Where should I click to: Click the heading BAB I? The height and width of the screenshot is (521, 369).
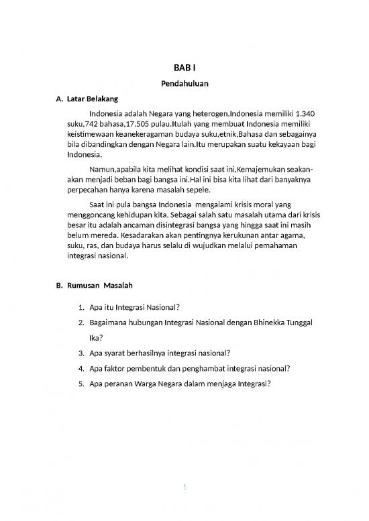pyautogui.click(x=184, y=68)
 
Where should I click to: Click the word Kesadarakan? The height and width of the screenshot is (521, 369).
pyautogui.click(x=137, y=241)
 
